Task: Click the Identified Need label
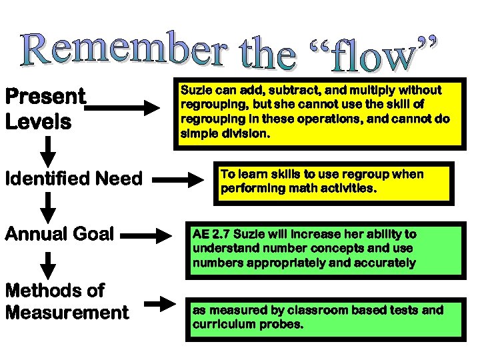click(73, 179)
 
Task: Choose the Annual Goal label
click(60, 235)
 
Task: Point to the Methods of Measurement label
click(66, 301)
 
